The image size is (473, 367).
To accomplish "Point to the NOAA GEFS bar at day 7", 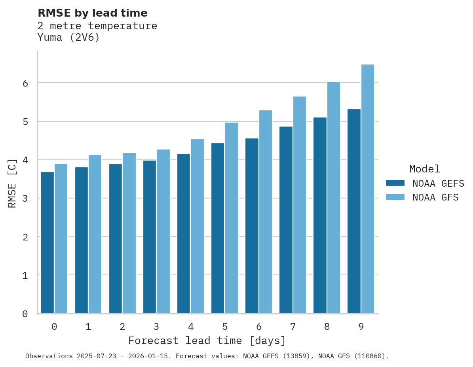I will [x=285, y=220].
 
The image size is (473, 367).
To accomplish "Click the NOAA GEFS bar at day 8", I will [x=319, y=215].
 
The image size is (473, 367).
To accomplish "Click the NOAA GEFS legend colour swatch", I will [x=395, y=183].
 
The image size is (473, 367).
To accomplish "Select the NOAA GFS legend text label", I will [x=435, y=197].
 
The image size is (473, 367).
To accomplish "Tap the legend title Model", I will [x=424, y=169].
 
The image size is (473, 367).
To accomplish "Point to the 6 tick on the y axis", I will [x=25, y=83].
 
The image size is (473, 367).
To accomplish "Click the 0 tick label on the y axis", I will [x=25, y=314].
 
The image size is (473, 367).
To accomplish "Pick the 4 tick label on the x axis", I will [x=191, y=327].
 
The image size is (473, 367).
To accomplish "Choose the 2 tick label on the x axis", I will [x=122, y=327].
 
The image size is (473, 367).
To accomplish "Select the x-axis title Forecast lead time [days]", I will [x=207, y=341].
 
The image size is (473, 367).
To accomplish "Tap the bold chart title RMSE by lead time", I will [x=92, y=13].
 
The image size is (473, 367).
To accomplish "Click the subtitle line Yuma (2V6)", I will [x=68, y=38].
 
